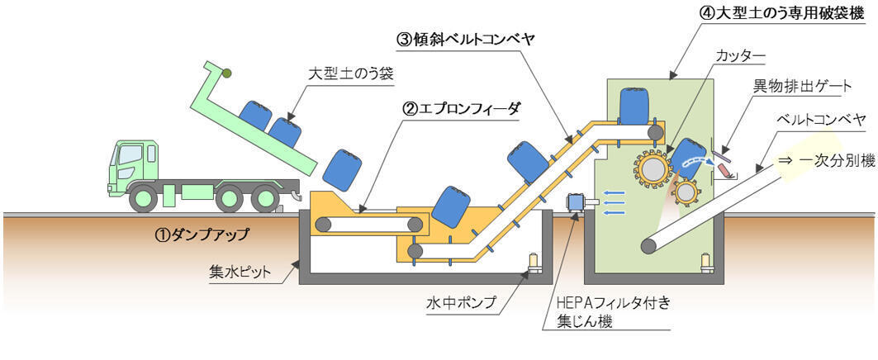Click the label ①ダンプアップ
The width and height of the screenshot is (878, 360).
pos(202,234)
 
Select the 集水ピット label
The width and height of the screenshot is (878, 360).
pos(243,272)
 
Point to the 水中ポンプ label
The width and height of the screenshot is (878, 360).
pos(466,303)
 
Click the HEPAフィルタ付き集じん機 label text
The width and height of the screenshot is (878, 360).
pos(607,311)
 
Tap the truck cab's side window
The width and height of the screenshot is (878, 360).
pos(130,154)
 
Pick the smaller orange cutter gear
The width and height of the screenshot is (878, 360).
pos(685,193)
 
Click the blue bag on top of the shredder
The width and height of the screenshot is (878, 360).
pos(634,104)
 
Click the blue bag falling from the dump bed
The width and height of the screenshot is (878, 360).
pos(340,170)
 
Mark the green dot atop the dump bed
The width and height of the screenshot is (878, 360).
pos(225,73)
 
